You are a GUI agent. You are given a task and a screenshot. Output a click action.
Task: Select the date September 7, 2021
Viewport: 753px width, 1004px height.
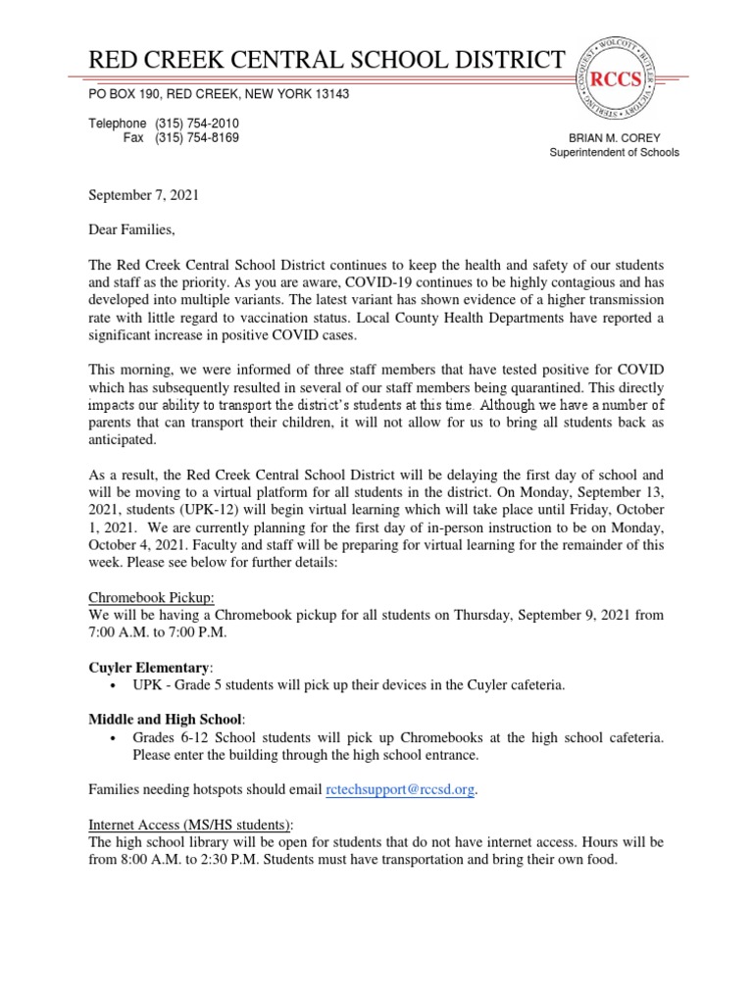[144, 195]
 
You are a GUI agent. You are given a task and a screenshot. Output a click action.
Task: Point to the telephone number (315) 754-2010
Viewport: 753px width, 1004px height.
[197, 124]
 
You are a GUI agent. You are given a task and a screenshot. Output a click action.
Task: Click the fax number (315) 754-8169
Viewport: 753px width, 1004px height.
[197, 138]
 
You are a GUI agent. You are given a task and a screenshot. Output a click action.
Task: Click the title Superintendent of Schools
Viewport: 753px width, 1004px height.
[614, 153]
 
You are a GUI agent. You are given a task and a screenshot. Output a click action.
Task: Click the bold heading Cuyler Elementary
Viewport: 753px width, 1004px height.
[150, 667]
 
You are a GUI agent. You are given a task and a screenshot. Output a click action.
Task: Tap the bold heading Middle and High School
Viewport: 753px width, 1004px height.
[167, 720]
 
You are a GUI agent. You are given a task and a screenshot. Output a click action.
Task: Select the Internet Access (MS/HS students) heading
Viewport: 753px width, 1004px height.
[191, 825]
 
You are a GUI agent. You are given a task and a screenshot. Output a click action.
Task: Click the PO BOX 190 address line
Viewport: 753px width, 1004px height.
[219, 94]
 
